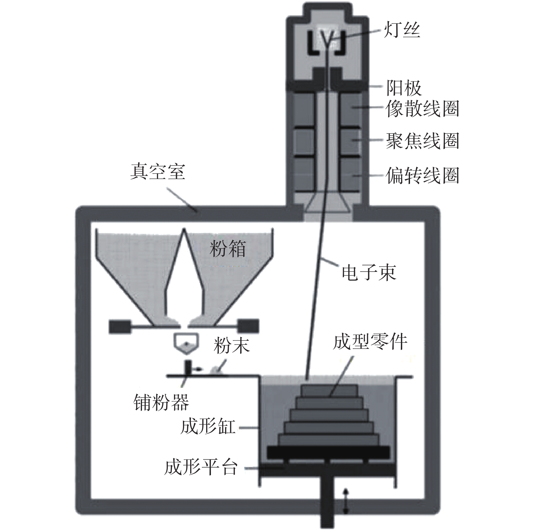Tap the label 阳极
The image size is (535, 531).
pyautogui.click(x=404, y=88)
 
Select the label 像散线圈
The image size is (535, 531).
pyautogui.click(x=422, y=109)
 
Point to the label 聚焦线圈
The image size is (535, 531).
pyautogui.click(x=422, y=141)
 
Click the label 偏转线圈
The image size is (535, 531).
pyautogui.click(x=422, y=176)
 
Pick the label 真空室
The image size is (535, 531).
pyautogui.click(x=158, y=172)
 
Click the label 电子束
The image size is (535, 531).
pyautogui.click(x=369, y=272)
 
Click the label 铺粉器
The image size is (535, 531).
pyautogui.click(x=161, y=403)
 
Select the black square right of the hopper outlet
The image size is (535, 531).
pyautogui.click(x=249, y=326)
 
